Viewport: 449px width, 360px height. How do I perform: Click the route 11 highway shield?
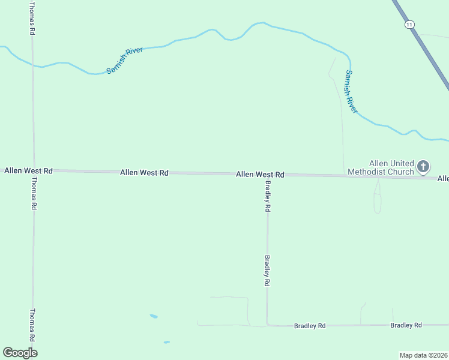click(x=409, y=24)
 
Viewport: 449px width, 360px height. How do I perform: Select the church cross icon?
click(x=423, y=167)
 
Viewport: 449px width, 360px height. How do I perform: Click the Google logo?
click(x=20, y=353)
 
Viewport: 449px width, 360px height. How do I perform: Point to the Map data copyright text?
click(x=424, y=355)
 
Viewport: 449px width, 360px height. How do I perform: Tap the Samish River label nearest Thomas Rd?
click(x=125, y=60)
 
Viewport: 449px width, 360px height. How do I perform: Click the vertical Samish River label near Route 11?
click(x=351, y=91)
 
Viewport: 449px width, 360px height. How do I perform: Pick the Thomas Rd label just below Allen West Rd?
click(x=34, y=193)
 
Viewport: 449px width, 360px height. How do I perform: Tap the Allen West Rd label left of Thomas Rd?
click(x=28, y=171)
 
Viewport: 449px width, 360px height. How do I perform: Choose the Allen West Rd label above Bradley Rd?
click(x=260, y=175)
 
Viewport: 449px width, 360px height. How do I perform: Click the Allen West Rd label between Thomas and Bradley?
click(x=144, y=172)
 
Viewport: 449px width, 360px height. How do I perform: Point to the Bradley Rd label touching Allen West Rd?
click(x=268, y=196)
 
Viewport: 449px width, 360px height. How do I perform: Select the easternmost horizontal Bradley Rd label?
click(x=406, y=325)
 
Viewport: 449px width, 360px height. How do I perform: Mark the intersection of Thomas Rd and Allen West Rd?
click(x=34, y=170)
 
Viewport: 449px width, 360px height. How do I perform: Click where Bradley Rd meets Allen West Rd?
click(x=267, y=175)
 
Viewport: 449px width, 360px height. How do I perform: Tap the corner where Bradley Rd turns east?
click(x=267, y=325)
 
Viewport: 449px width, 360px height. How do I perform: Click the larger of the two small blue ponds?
click(x=154, y=316)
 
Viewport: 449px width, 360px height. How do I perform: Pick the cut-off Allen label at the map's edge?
click(x=443, y=179)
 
